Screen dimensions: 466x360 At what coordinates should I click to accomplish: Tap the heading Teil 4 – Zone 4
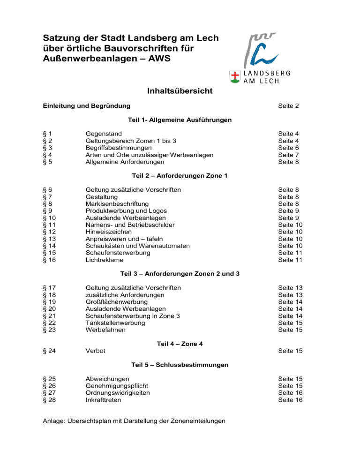(179, 344)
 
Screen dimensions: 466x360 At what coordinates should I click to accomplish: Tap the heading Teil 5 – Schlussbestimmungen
(179, 364)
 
